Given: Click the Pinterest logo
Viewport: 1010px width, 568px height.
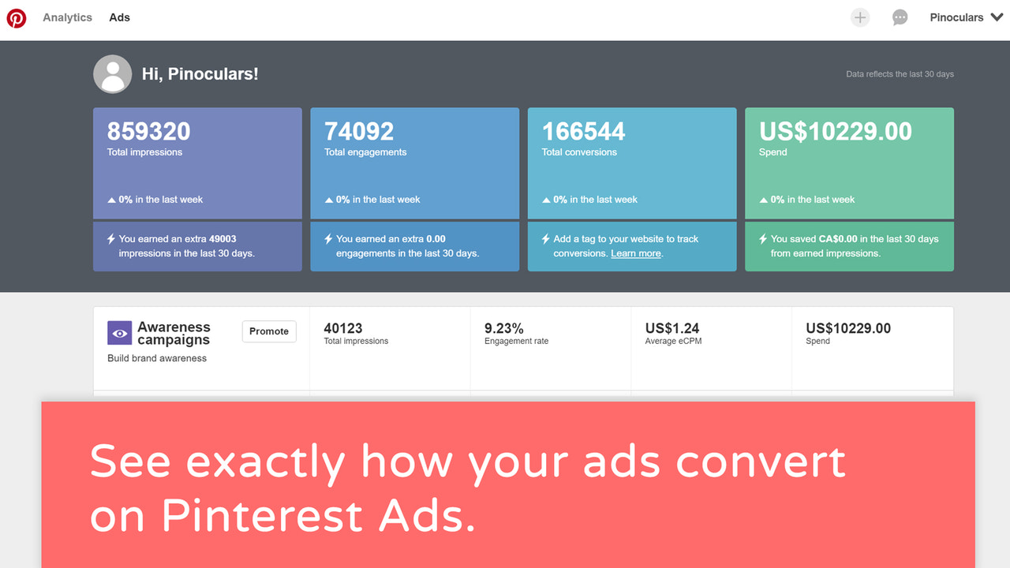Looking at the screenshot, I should tap(17, 17).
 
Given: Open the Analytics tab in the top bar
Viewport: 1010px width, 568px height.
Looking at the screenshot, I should tap(67, 17).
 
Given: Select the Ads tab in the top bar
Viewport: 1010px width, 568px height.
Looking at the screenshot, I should tap(120, 17).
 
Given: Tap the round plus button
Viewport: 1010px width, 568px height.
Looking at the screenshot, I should tap(860, 17).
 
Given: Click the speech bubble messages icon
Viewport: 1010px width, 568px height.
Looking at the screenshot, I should tap(900, 17).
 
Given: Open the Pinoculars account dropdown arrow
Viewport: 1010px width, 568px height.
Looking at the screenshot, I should tap(997, 17).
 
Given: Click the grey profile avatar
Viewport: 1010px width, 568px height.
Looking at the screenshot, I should tap(113, 74).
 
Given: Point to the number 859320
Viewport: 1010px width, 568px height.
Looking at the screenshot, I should tap(148, 131).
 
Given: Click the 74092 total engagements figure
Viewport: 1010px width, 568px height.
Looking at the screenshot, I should tap(359, 131).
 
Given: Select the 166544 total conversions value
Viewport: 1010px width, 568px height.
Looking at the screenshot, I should tap(583, 131).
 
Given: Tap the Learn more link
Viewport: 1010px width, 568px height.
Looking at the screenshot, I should tap(636, 253).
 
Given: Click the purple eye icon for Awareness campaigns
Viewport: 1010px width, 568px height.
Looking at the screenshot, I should tap(119, 333).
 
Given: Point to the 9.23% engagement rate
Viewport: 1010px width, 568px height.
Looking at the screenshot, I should tap(503, 328).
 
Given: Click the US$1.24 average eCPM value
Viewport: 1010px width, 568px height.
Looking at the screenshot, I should tap(672, 328).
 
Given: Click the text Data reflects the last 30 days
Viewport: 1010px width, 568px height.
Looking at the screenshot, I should tap(900, 74).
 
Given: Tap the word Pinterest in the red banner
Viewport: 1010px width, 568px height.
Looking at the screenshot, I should tap(260, 516).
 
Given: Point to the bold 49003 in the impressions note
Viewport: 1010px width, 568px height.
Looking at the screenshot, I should tap(223, 239).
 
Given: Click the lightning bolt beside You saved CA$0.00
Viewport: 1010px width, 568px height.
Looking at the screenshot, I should tap(762, 239).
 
